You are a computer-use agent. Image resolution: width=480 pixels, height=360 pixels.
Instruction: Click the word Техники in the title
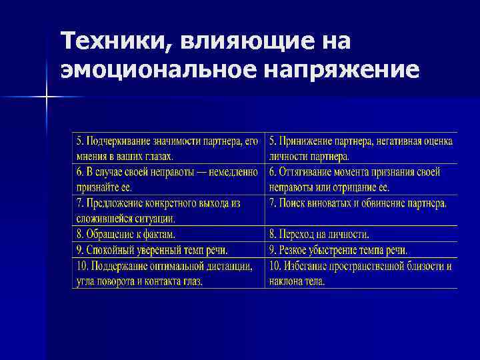(x=107, y=42)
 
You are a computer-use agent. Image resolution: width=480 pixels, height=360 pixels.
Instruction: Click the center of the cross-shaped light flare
(x=47, y=97)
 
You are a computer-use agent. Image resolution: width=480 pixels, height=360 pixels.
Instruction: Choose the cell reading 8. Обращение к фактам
(x=127, y=234)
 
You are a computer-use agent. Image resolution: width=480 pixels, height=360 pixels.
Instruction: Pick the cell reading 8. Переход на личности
(x=319, y=234)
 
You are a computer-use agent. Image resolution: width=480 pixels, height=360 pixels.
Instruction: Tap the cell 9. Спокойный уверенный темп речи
(x=153, y=250)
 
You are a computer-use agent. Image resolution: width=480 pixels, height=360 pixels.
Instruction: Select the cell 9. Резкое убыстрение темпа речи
(x=338, y=250)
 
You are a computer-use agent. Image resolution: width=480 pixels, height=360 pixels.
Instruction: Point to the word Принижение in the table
(x=310, y=141)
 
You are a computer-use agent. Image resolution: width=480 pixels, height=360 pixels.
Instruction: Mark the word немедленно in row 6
(x=233, y=172)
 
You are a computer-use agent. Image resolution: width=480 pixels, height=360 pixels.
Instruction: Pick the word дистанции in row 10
(x=229, y=266)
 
